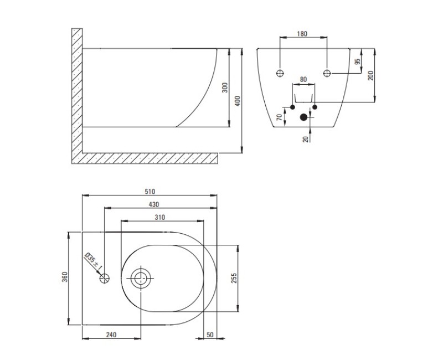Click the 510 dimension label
pos(150,192)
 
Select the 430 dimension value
pos(154,204)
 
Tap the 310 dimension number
pos(159,217)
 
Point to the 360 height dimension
pos(65,276)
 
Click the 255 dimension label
pos(234,278)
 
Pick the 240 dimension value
pos(111,335)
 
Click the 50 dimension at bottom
pos(210,335)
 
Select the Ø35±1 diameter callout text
pos(93,262)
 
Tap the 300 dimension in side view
pos(225,88)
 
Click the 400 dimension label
pos(238,101)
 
